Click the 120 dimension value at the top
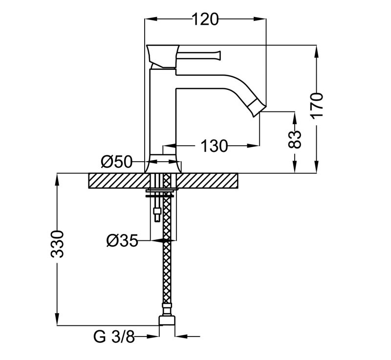pos(204,19)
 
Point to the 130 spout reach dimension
pos(213,145)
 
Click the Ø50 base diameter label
pos(117,161)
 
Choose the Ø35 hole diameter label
pos(122,240)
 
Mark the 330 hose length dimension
pos(58,243)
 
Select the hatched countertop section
pos(210,181)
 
